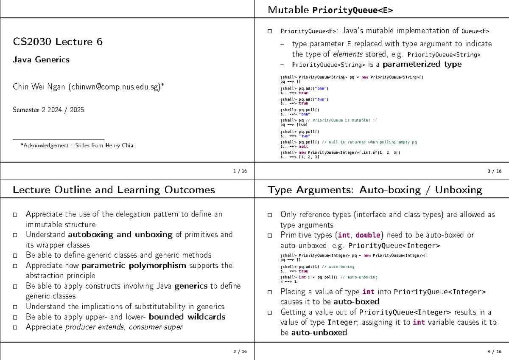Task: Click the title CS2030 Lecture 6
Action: (58, 42)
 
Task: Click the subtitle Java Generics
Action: (41, 60)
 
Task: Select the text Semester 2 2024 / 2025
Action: (48, 110)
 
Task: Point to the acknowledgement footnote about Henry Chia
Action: (77, 146)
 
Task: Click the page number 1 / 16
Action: (240, 171)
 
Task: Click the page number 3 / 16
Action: (495, 171)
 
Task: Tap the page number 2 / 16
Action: (240, 352)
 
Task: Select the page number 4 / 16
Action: (495, 352)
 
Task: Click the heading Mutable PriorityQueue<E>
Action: (330, 10)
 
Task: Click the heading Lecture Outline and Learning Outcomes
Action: (114, 190)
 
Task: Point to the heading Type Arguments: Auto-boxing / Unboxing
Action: (375, 190)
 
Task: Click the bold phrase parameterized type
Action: (422, 65)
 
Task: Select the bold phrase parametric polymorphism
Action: (134, 266)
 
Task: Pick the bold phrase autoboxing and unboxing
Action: (120, 235)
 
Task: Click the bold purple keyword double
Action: (368, 235)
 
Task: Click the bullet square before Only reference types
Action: (270, 215)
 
